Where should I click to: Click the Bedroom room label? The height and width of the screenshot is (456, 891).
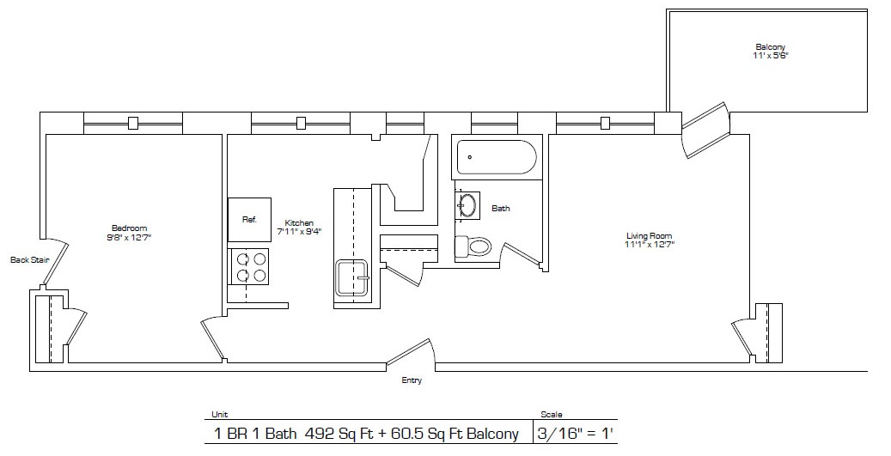click(x=129, y=228)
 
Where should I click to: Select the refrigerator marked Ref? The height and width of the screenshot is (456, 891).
click(x=249, y=220)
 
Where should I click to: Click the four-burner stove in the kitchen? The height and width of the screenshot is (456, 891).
click(x=249, y=267)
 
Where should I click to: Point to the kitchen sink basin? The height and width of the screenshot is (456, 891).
click(x=351, y=277)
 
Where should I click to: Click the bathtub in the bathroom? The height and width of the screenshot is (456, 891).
click(x=497, y=158)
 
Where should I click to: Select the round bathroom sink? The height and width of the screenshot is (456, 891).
click(x=467, y=204)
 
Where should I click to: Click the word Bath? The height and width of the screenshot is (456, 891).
click(x=501, y=209)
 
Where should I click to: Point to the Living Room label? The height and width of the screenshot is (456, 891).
click(x=650, y=235)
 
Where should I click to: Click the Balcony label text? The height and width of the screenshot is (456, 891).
click(x=771, y=47)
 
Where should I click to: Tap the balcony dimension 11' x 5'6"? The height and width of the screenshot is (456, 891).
click(x=771, y=56)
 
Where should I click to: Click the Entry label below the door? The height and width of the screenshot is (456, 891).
click(x=412, y=380)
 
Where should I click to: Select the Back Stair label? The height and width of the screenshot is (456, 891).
click(x=29, y=260)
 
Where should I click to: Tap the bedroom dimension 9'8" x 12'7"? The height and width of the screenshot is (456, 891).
click(x=129, y=236)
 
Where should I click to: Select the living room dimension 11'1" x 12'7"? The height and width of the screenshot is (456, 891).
click(x=650, y=244)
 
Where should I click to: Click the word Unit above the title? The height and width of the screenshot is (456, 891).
click(x=219, y=415)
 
